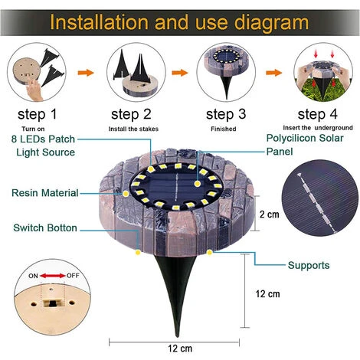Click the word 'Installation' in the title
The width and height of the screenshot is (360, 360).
[x=99, y=22]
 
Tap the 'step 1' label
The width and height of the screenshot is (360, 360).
[x=38, y=114]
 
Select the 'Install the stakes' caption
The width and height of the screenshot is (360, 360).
[x=133, y=129]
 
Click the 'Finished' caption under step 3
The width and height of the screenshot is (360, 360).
[x=224, y=129]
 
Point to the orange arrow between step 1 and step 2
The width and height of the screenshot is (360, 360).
[x=86, y=73]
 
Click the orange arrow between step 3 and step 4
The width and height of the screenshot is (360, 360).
[x=274, y=73]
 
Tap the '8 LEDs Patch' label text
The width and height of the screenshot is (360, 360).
[x=43, y=139]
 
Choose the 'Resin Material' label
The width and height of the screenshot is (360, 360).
[x=45, y=193]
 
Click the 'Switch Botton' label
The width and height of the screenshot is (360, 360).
[x=45, y=227]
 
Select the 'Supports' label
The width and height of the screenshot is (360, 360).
[x=309, y=265]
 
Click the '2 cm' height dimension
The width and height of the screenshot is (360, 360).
[x=270, y=214]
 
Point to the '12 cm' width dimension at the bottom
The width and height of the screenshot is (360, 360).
[x=180, y=349]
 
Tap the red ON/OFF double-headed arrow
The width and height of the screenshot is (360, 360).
[x=53, y=276]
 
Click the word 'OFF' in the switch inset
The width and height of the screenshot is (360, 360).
[x=73, y=276]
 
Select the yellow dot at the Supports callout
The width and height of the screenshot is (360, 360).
[x=210, y=253]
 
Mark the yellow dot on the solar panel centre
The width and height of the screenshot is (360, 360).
[x=197, y=184]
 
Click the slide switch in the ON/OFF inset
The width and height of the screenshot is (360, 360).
[x=53, y=303]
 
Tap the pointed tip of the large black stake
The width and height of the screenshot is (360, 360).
[x=177, y=336]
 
